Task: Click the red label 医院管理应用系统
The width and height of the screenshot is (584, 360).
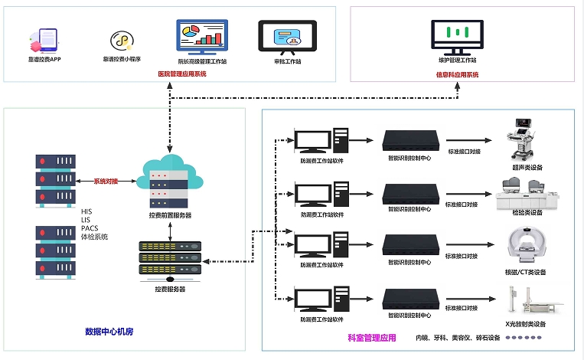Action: point(182,74)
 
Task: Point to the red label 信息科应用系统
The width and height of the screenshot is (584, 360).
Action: point(457,75)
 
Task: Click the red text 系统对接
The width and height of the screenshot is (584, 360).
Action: point(107,182)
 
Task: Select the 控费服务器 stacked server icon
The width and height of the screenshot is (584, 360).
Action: point(169,259)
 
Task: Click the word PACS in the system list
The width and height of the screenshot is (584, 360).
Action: point(90,228)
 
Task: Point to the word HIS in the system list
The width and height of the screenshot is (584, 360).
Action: point(86,210)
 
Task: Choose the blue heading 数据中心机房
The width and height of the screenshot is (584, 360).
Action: point(109,332)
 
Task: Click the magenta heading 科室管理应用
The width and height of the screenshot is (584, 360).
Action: point(373,338)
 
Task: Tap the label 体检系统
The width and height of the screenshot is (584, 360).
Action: point(95,237)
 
